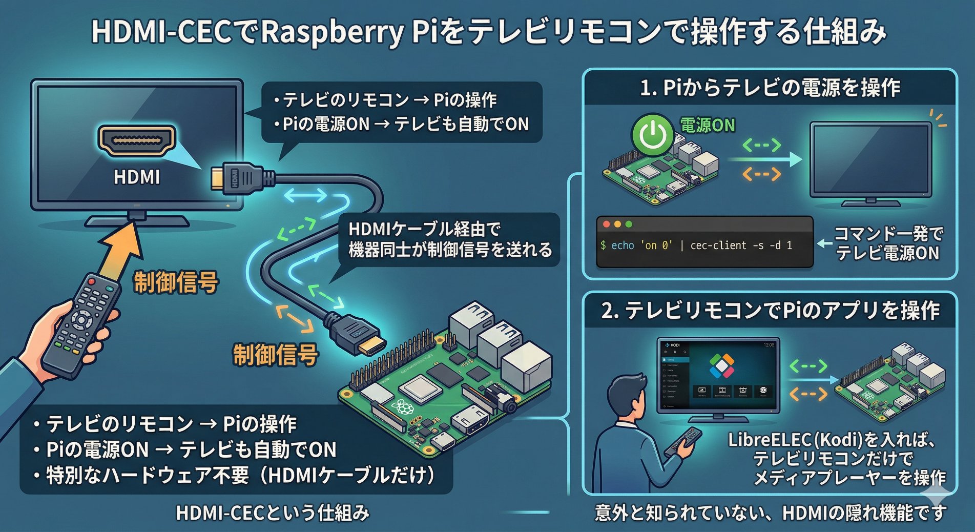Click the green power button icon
(652, 134)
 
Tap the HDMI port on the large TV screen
(136, 139)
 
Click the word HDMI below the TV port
(136, 177)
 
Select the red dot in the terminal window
(607, 224)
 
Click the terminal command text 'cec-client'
(718, 245)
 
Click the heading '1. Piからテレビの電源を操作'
(770, 88)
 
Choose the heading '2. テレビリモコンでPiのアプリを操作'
(770, 311)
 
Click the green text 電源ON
(707, 125)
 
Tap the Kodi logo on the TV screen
(722, 365)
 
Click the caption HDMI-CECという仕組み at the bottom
(273, 513)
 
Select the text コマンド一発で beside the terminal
(888, 234)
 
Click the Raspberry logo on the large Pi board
(403, 408)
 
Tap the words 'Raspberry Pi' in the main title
(346, 32)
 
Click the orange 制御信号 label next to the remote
(176, 282)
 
